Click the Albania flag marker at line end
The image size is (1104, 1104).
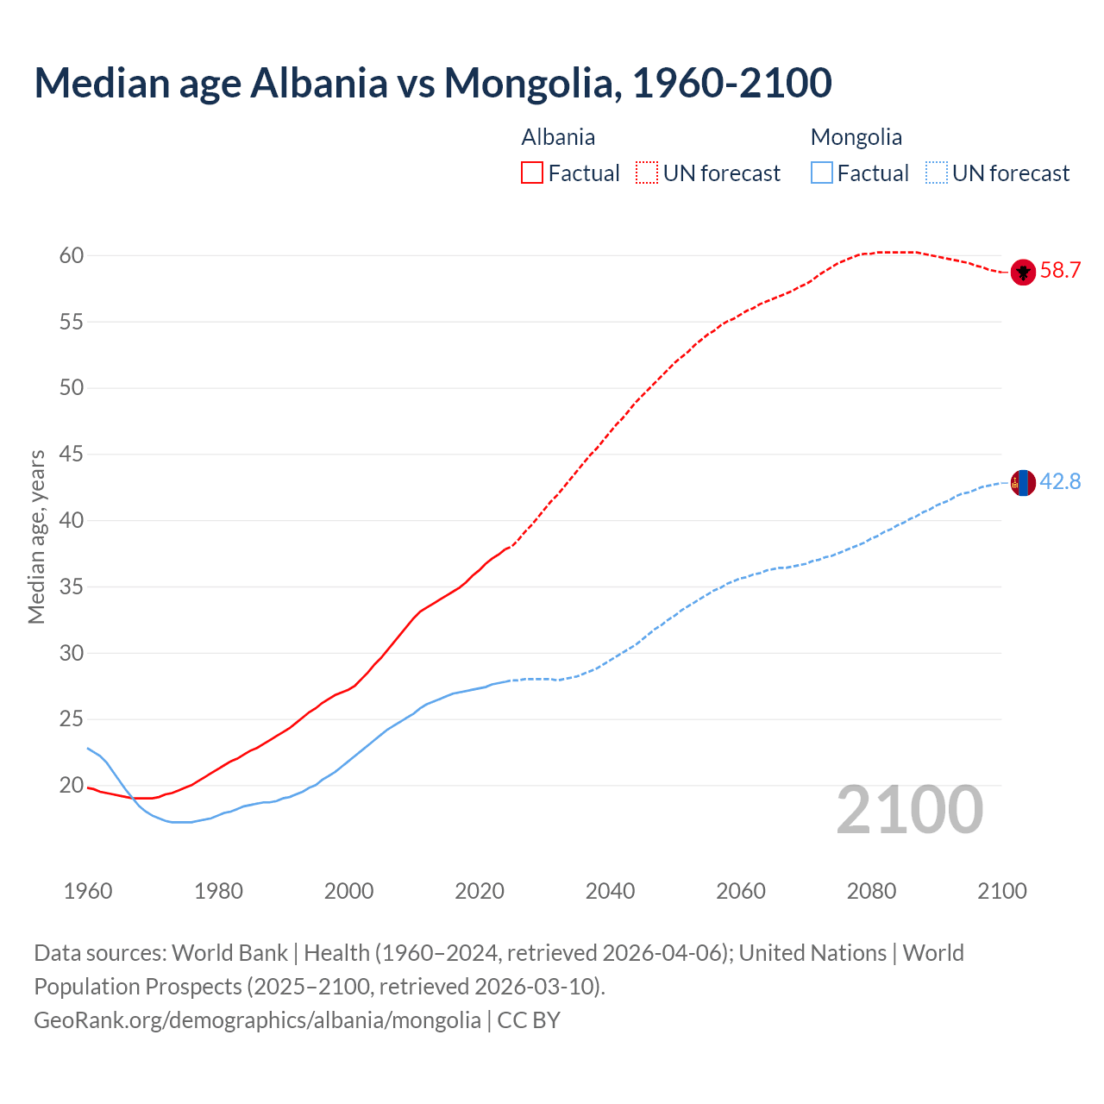pyautogui.click(x=1023, y=272)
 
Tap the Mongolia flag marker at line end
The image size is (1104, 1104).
pyautogui.click(x=1023, y=483)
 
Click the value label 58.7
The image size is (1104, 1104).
pyautogui.click(x=1060, y=271)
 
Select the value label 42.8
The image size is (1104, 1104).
pyautogui.click(x=1060, y=482)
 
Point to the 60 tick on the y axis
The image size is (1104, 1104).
pyautogui.click(x=72, y=255)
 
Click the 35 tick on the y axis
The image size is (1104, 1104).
pyautogui.click(x=72, y=587)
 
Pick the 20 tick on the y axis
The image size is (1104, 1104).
pyautogui.click(x=72, y=786)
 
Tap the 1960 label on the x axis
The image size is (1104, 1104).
pyautogui.click(x=88, y=891)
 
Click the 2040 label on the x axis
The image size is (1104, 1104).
pyautogui.click(x=610, y=891)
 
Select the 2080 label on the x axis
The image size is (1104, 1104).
pyautogui.click(x=871, y=891)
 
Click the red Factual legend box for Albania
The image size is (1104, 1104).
pyautogui.click(x=532, y=173)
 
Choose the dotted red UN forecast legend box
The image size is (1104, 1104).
pyautogui.click(x=647, y=173)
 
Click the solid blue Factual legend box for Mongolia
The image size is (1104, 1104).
pyautogui.click(x=822, y=173)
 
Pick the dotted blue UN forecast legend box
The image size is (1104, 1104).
pyautogui.click(x=936, y=173)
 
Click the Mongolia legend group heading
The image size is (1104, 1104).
pyautogui.click(x=856, y=137)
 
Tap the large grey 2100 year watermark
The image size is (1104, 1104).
pyautogui.click(x=909, y=809)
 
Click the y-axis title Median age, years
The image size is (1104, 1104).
pyautogui.click(x=36, y=536)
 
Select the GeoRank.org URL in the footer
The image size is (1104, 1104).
pyautogui.click(x=257, y=1020)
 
